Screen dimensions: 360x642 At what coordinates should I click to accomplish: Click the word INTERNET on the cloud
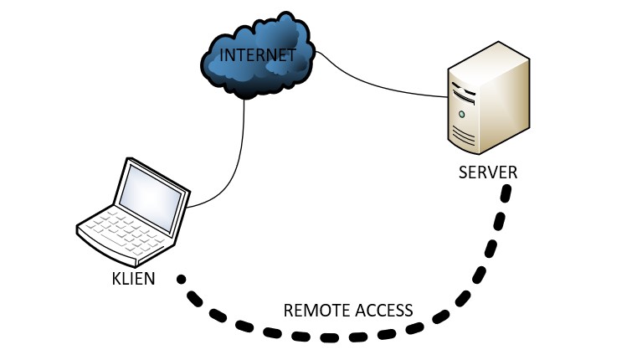pyautogui.click(x=257, y=56)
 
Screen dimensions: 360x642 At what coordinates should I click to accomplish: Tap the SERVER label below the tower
pyautogui.click(x=488, y=173)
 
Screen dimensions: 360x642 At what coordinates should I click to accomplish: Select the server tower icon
pyautogui.click(x=488, y=100)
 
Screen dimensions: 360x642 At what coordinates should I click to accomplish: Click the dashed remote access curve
pyautogui.click(x=335, y=337)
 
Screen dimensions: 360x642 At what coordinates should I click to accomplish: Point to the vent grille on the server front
pyautogui.click(x=464, y=135)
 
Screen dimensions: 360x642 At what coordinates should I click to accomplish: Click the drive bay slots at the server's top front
pyautogui.click(x=462, y=87)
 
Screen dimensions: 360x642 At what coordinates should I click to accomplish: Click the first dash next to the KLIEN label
pyautogui.click(x=181, y=279)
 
